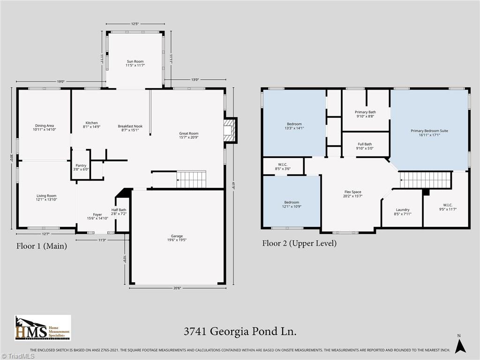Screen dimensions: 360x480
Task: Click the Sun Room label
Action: pos(135,63)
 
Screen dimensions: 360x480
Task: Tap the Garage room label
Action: pos(177,238)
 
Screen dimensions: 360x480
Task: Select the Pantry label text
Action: pos(81,167)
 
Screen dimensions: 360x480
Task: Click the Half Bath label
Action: pos(119,211)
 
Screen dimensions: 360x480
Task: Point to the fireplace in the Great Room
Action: pos(230,130)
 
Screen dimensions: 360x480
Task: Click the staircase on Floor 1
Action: pos(191,180)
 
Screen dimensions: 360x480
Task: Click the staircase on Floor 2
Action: pos(425,180)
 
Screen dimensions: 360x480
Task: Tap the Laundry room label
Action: pos(402,212)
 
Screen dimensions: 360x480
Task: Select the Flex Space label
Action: pos(352,194)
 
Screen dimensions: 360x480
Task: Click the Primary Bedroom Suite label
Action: pos(429,133)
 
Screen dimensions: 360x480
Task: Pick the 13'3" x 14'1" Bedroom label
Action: pos(294,126)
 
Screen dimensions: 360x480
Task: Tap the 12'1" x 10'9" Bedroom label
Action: pos(291,204)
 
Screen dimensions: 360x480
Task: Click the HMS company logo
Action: pos(43,328)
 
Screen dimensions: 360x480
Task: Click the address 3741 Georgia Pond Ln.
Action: pos(240,332)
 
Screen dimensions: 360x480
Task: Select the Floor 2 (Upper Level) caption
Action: pos(299,243)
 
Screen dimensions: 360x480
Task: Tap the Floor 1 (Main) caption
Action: pos(41,246)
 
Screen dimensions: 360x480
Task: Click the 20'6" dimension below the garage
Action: pos(177,288)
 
